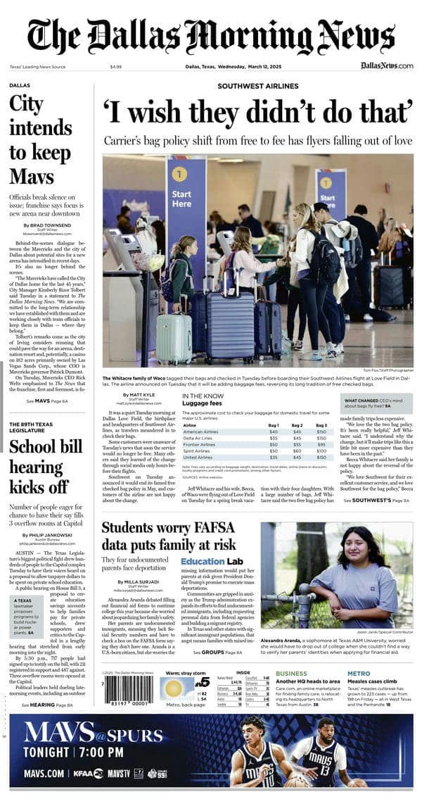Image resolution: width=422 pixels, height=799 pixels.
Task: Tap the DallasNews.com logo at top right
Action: coord(387,65)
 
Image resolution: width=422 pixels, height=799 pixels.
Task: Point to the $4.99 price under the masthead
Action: coord(116,66)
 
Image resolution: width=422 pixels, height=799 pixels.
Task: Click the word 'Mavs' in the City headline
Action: coord(32,176)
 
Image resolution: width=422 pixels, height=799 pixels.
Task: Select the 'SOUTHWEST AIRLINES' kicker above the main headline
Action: coord(257,86)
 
